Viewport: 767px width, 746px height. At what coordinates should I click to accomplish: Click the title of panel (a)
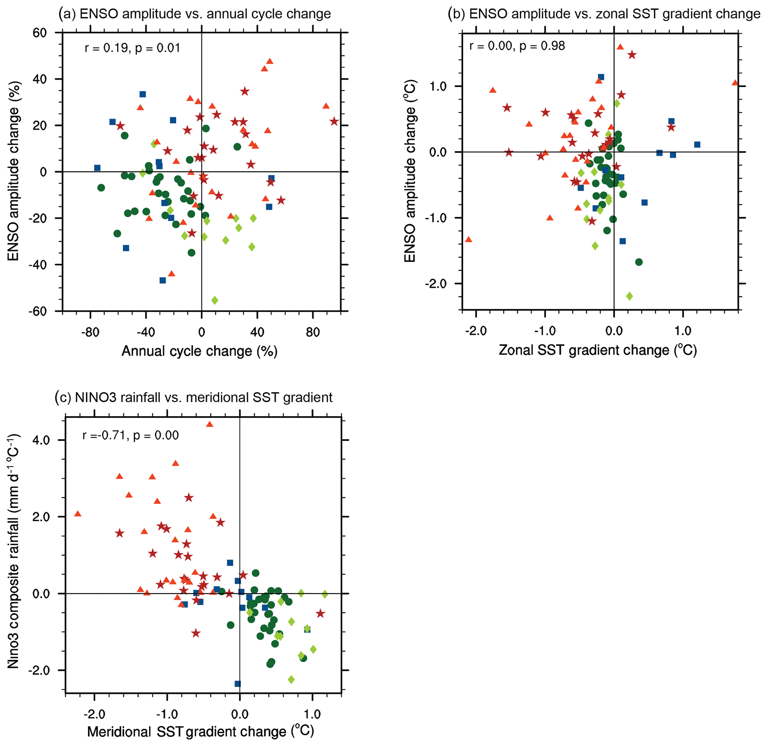194,14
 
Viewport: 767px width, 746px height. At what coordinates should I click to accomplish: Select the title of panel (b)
604,14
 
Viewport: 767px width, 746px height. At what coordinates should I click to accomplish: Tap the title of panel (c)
194,397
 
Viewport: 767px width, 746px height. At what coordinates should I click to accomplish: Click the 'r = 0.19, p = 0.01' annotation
132,48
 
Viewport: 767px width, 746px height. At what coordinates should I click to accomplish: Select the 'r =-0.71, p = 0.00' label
130,435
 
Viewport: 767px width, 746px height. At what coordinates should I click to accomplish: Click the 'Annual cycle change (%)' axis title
199,351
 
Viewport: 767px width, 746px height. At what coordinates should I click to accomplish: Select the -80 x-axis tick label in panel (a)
90,333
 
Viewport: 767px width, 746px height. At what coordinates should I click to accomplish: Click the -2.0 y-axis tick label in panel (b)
436,284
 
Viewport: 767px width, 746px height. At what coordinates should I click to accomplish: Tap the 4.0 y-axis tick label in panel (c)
40,440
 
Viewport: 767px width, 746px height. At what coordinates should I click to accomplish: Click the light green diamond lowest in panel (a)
214,300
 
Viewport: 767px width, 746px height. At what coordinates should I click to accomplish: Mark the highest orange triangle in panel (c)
209,424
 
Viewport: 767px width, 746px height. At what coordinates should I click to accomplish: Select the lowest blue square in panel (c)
237,684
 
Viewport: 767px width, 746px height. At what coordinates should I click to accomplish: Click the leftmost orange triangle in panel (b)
468,240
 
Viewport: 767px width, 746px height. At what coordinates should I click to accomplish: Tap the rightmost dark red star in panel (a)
334,121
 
